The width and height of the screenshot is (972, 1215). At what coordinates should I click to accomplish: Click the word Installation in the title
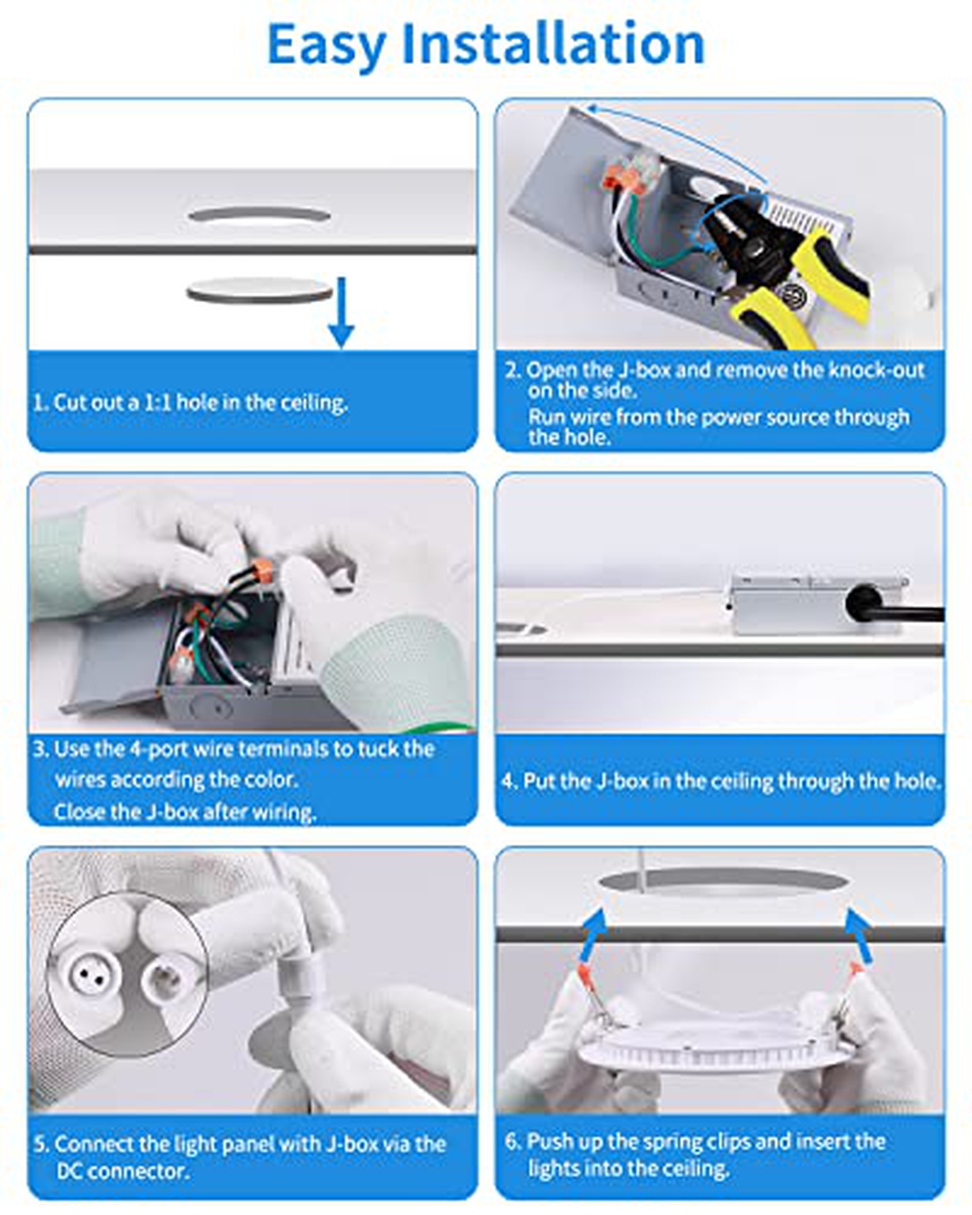(553, 44)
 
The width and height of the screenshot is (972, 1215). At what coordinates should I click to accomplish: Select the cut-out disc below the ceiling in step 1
(259, 290)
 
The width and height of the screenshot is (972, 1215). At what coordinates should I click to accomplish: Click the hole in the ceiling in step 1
(259, 215)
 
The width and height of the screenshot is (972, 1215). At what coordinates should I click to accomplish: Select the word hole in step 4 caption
(912, 781)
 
